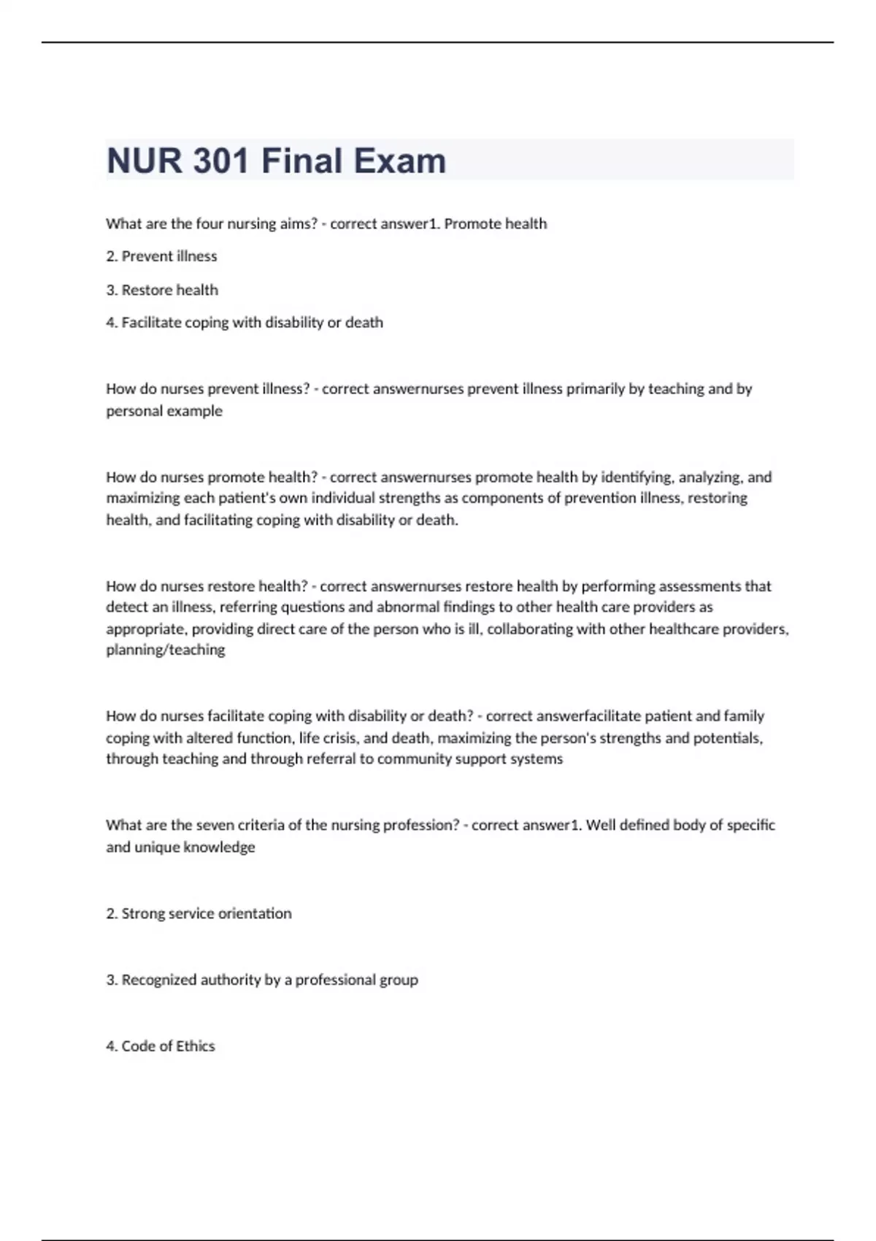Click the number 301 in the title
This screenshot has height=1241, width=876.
click(x=221, y=161)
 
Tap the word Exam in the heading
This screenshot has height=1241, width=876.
click(x=400, y=161)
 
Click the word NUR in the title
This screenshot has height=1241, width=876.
click(x=145, y=161)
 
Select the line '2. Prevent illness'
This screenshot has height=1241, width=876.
click(x=161, y=256)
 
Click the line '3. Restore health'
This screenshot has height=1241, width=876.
click(x=162, y=290)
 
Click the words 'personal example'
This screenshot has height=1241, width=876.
click(x=164, y=411)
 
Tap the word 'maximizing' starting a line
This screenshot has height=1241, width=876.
click(x=141, y=499)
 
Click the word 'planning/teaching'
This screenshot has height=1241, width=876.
click(x=166, y=650)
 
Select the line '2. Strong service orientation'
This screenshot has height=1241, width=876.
click(x=199, y=913)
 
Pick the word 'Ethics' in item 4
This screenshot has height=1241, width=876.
click(x=195, y=1046)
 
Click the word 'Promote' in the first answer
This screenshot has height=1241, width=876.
click(x=468, y=223)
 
